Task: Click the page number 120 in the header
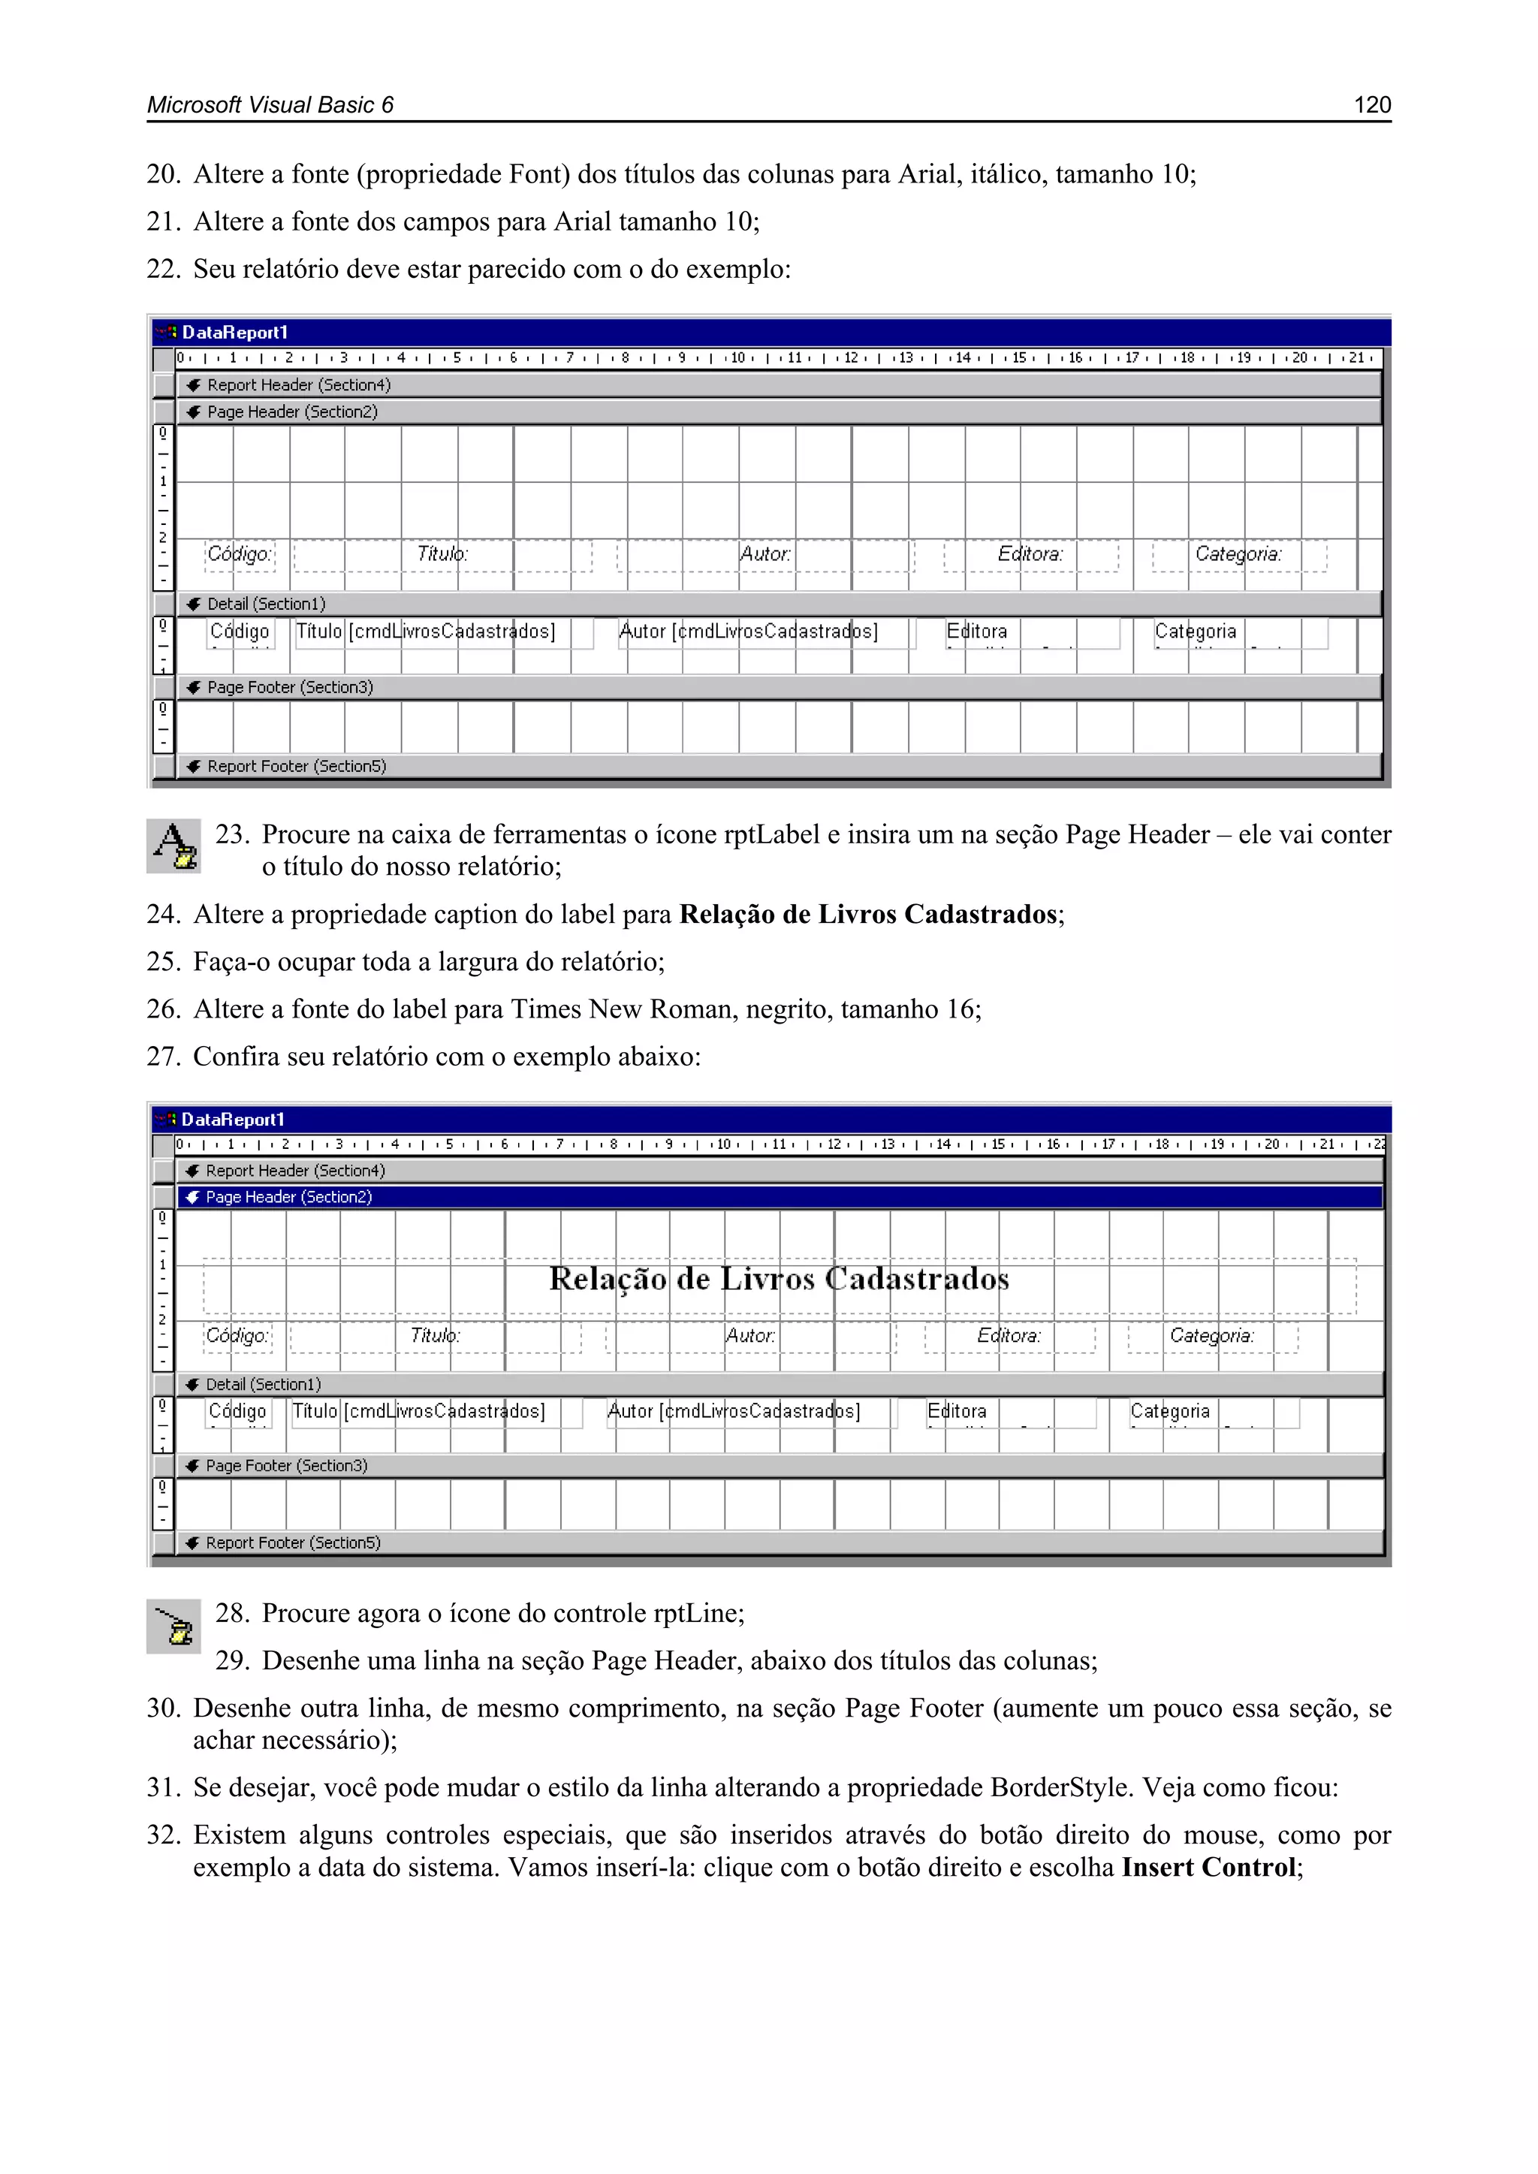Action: tap(1371, 105)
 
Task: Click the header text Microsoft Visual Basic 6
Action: tap(270, 105)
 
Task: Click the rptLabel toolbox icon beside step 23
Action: tap(174, 846)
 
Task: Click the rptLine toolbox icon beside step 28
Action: tap(174, 1626)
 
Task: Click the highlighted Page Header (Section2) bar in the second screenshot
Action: tap(289, 1197)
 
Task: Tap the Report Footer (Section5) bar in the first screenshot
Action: tap(297, 766)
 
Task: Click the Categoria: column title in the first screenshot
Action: tap(1238, 554)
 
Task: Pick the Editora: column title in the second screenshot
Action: tap(1009, 1336)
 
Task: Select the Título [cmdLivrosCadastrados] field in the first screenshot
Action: tap(425, 632)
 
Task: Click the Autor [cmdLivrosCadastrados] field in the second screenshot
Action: tap(733, 1412)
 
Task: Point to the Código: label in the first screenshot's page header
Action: tap(240, 554)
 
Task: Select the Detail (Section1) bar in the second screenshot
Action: tap(264, 1384)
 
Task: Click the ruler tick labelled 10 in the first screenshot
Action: tap(737, 358)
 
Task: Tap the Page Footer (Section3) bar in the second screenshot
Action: tap(286, 1466)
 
